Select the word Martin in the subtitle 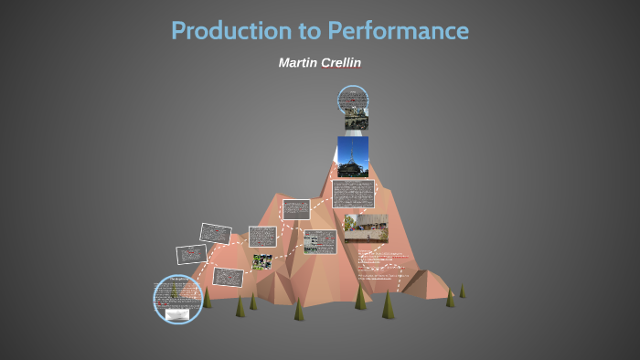(x=298, y=62)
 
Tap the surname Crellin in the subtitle (x=342, y=62)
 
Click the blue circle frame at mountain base (x=177, y=299)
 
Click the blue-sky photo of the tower (x=353, y=156)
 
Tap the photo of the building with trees (x=366, y=228)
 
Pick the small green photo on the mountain (x=261, y=261)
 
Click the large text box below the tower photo (x=354, y=195)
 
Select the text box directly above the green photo (x=262, y=237)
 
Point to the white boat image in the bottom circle (x=178, y=314)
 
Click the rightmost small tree (x=462, y=291)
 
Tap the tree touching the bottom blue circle (x=207, y=298)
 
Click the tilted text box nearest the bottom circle (x=228, y=275)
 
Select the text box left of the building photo (x=320, y=241)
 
